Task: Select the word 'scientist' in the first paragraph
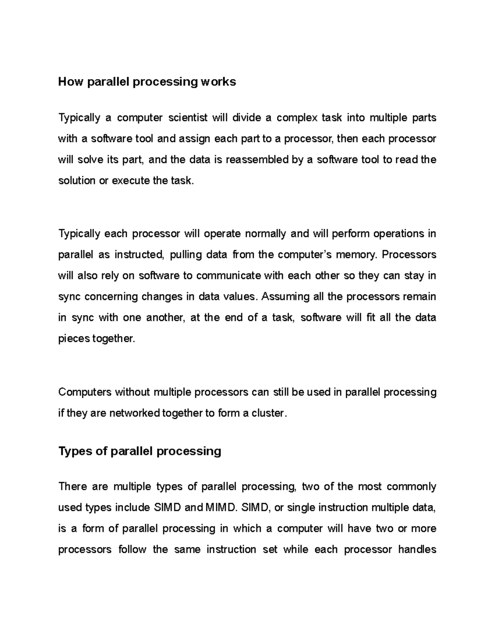(188, 118)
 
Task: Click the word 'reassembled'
(257, 160)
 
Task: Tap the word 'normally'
(265, 234)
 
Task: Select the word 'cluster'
(269, 413)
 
